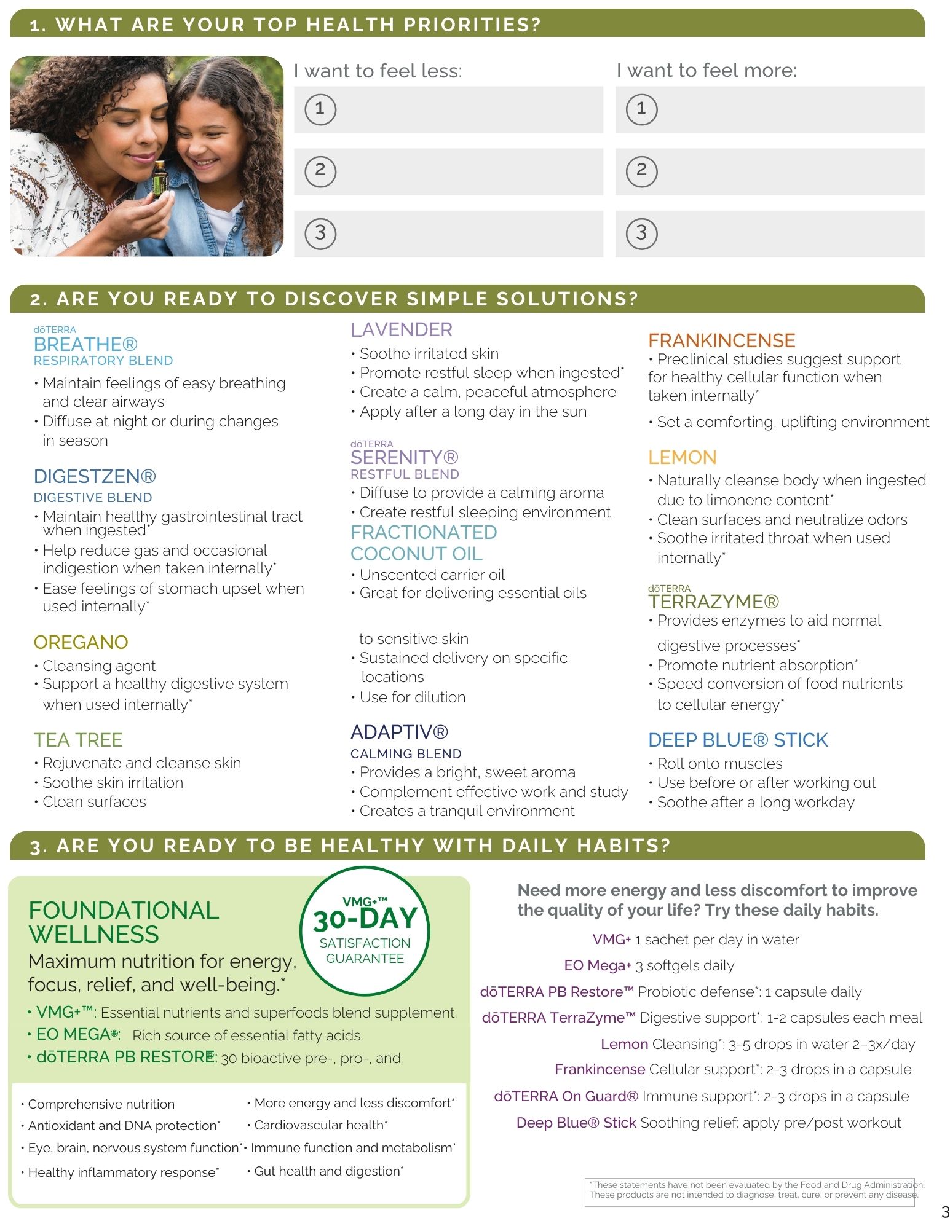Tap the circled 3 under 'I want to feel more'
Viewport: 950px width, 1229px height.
pyautogui.click(x=641, y=234)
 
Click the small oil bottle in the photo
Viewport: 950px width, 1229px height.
pyautogui.click(x=160, y=179)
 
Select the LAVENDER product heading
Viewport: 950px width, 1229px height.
pyautogui.click(x=401, y=330)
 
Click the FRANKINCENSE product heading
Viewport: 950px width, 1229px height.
pyautogui.click(x=721, y=340)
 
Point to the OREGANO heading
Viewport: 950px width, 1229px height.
pyautogui.click(x=81, y=642)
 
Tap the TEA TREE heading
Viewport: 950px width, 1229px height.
pyautogui.click(x=78, y=740)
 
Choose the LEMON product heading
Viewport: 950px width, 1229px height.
pyautogui.click(x=682, y=457)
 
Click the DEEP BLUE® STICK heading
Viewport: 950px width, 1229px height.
pyautogui.click(x=738, y=740)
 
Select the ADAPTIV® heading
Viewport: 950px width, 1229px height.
pyautogui.click(x=399, y=732)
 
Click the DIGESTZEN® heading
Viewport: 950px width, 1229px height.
pyautogui.click(x=95, y=476)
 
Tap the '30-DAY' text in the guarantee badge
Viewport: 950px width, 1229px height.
pyautogui.click(x=365, y=919)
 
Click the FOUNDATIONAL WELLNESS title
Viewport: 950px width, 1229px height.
pyautogui.click(x=123, y=922)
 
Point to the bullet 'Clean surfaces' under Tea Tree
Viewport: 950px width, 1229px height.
pyautogui.click(x=94, y=802)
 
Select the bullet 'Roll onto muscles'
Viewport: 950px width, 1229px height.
pyautogui.click(x=719, y=764)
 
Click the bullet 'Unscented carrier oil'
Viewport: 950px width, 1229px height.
pyautogui.click(x=432, y=575)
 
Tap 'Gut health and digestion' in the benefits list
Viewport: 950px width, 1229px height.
pyautogui.click(x=328, y=1171)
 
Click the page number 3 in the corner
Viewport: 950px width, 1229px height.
pyautogui.click(x=945, y=1212)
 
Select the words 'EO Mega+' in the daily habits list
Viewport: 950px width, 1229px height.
pyautogui.click(x=597, y=965)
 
